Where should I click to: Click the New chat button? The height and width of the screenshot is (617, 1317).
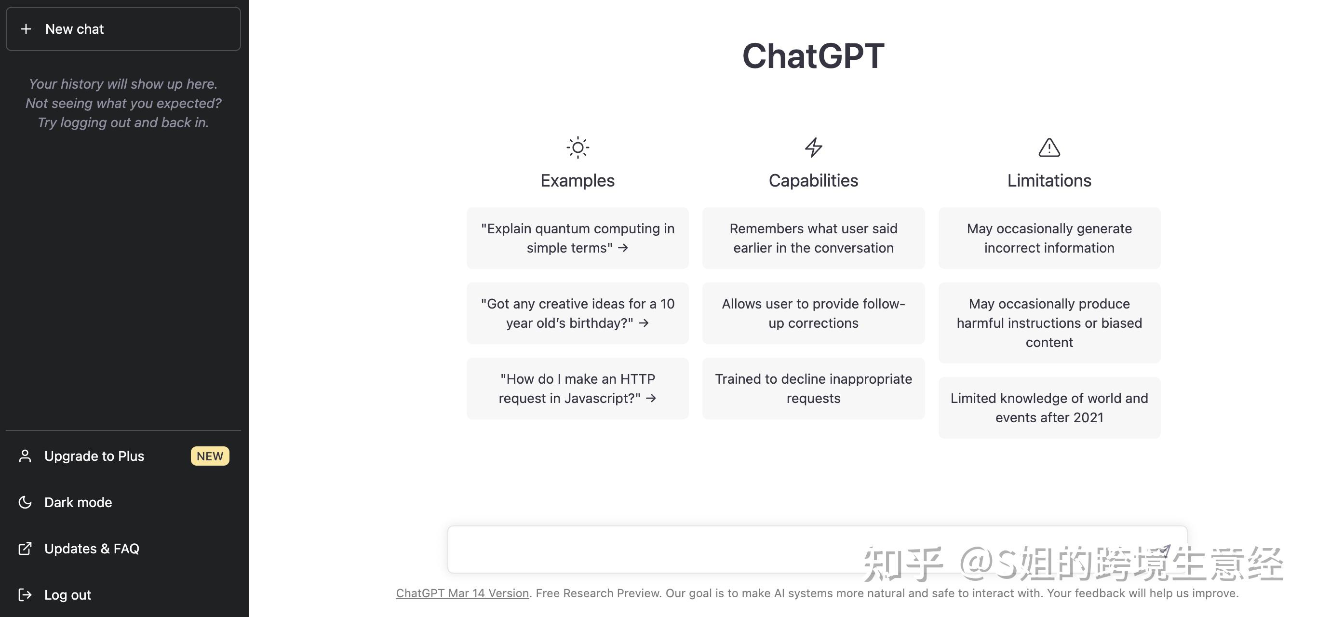(x=123, y=28)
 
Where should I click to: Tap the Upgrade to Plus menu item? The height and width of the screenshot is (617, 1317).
(x=94, y=456)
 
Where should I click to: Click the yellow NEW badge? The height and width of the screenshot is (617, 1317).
(x=210, y=456)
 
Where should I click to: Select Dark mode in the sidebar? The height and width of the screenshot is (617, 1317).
(x=78, y=502)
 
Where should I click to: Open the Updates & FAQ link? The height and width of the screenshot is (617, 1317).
(x=92, y=549)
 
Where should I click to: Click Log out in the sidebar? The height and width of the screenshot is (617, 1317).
(x=67, y=595)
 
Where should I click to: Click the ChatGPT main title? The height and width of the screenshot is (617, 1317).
(x=813, y=56)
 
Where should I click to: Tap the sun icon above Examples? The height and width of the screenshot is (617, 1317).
(x=578, y=148)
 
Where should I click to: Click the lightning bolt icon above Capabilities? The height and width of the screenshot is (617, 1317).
(x=813, y=148)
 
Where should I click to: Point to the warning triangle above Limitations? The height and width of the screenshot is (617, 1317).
(x=1049, y=148)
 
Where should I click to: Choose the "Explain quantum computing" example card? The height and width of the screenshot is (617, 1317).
(x=578, y=238)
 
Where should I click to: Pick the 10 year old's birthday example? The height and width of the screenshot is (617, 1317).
(x=578, y=313)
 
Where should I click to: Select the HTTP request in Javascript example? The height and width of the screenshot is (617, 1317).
(x=578, y=389)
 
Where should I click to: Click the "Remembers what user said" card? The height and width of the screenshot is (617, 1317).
(x=813, y=238)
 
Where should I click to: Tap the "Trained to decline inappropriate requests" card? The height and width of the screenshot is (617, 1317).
(x=813, y=389)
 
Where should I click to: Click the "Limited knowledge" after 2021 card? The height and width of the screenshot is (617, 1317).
(x=1049, y=407)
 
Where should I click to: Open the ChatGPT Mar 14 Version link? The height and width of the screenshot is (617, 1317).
(x=462, y=593)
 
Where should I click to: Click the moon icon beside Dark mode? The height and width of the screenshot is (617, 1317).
(x=25, y=502)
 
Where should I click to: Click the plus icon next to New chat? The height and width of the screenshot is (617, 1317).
(x=26, y=29)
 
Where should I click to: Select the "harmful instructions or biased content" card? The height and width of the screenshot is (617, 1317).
(x=1049, y=323)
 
